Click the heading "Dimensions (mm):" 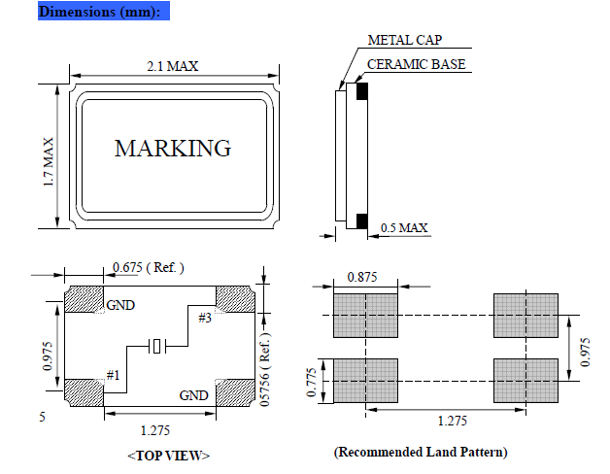tap(105, 12)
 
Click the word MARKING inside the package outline tap(173, 149)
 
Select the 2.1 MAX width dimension tap(174, 67)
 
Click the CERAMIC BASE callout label tap(416, 65)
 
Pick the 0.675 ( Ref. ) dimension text tap(149, 267)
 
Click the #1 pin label tap(113, 375)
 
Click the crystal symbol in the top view tap(159, 345)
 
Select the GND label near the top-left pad tap(120, 304)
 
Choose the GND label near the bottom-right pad tap(194, 395)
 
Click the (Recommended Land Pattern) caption tap(420, 452)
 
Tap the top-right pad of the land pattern tap(526, 316)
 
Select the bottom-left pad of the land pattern tap(366, 380)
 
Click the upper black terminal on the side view tap(361, 91)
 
